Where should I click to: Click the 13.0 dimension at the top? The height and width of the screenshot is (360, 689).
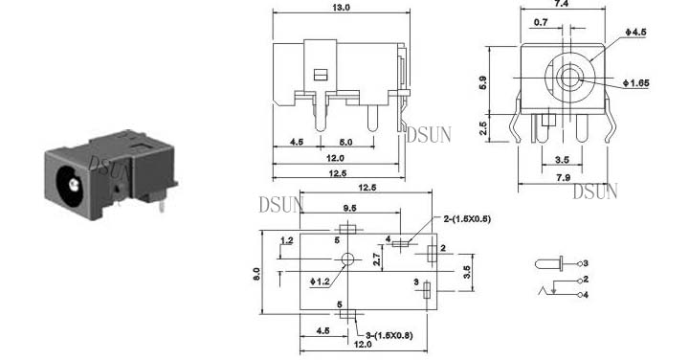pos(342,7)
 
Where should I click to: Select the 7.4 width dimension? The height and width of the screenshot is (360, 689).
pos(562,4)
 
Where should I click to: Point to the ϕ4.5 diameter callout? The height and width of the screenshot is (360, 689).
pos(635,33)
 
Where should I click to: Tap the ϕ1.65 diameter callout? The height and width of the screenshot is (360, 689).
pos(635,83)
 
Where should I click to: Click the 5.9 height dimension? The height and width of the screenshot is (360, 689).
pos(483,82)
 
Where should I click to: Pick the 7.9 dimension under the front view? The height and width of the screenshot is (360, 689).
pos(563,177)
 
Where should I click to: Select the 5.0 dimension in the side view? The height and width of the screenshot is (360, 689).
pos(345,142)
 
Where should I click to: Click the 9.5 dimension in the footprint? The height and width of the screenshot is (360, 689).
pos(349,208)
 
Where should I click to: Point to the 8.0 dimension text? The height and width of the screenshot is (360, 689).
pos(256,274)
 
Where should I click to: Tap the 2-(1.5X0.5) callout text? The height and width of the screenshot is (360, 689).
pos(467,218)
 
